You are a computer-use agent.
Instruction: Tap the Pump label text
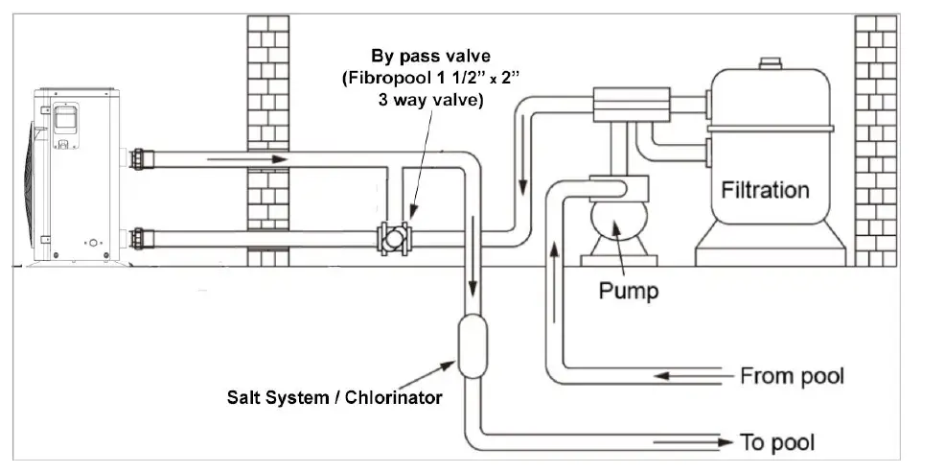pos(628,289)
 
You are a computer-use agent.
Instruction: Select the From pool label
pos(792,374)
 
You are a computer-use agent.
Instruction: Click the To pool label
pos(777,442)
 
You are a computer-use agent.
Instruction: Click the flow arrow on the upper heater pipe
pos(259,158)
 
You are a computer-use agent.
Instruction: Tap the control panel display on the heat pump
pos(65,118)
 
